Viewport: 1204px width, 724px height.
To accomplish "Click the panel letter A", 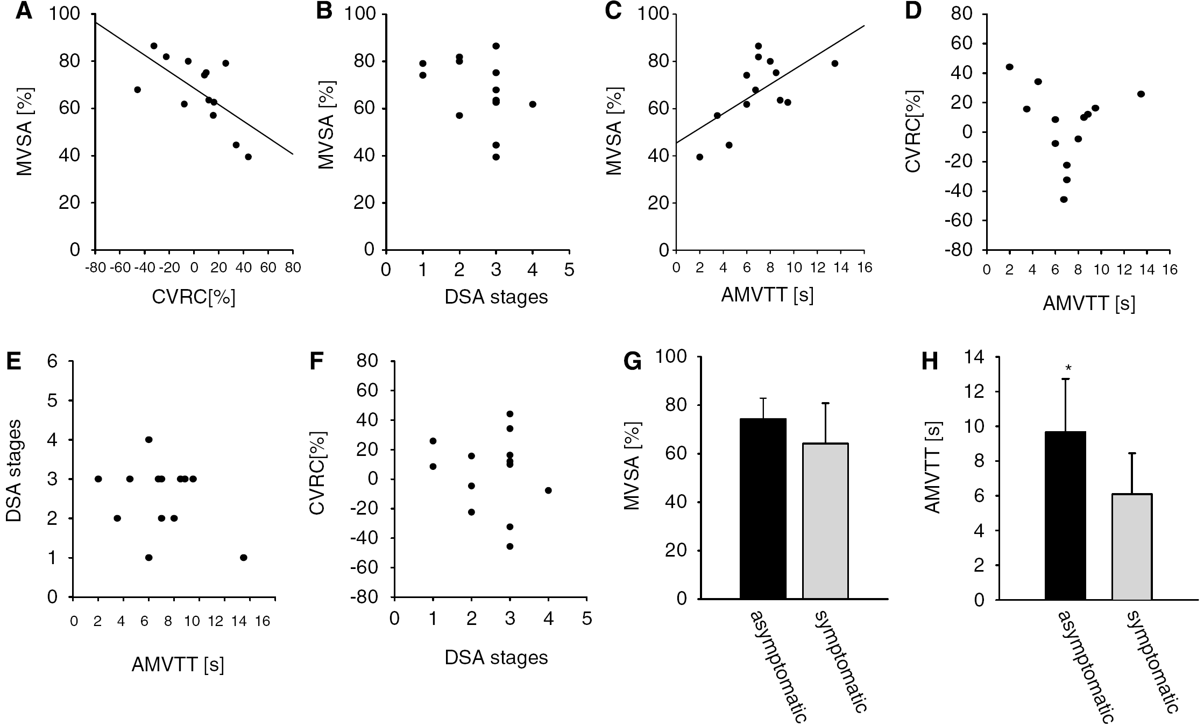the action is click(23, 11).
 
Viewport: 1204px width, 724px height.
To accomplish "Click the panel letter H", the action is click(930, 362).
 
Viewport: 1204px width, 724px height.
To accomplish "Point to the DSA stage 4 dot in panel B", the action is click(533, 104).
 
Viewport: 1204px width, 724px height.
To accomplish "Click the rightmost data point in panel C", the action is click(835, 63).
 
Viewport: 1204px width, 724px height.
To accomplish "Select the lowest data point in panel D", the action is click(1064, 199).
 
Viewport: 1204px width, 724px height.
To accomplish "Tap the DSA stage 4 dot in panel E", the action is click(149, 439).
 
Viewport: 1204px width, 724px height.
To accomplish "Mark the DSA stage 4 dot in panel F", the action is click(548, 490).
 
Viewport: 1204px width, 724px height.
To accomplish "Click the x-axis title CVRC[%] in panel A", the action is click(194, 298).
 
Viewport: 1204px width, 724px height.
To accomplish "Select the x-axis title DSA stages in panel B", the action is click(496, 297).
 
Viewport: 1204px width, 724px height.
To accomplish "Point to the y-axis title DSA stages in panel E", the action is click(15, 470).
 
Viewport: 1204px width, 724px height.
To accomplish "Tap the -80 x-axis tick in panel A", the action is click(95, 268).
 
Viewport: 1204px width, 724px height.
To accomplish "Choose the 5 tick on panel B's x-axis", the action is click(569, 269).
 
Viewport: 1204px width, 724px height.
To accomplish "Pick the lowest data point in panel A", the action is click(248, 157).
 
